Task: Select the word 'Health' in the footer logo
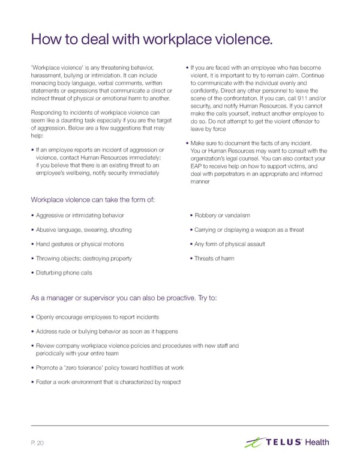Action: click(316, 443)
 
